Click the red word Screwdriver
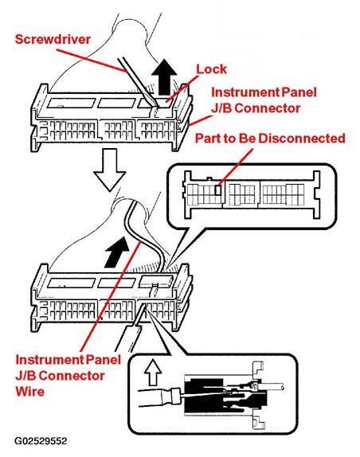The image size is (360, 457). click(x=53, y=39)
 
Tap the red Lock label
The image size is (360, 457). click(x=211, y=69)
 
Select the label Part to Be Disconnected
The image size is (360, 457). click(x=270, y=139)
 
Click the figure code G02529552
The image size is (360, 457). click(x=41, y=441)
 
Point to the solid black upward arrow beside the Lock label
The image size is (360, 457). click(x=164, y=77)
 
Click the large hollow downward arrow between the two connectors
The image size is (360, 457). click(x=109, y=170)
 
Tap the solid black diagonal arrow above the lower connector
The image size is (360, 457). click(x=117, y=252)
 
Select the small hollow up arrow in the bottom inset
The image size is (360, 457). click(x=153, y=373)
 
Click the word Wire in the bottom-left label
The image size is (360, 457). click(x=30, y=391)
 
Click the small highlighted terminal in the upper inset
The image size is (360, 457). click(x=217, y=190)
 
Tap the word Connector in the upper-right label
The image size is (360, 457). click(x=268, y=108)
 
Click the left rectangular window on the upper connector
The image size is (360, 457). click(x=72, y=103)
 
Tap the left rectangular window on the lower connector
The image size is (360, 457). click(x=72, y=283)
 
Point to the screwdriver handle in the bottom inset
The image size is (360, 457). click(x=158, y=397)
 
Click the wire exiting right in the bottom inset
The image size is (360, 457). click(x=273, y=386)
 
